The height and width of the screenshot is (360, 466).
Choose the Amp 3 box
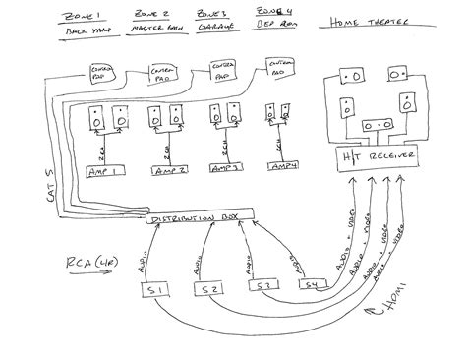point(225,169)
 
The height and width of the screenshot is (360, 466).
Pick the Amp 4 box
point(281,169)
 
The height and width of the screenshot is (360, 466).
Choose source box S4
point(312,286)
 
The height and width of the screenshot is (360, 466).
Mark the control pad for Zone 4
point(278,72)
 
